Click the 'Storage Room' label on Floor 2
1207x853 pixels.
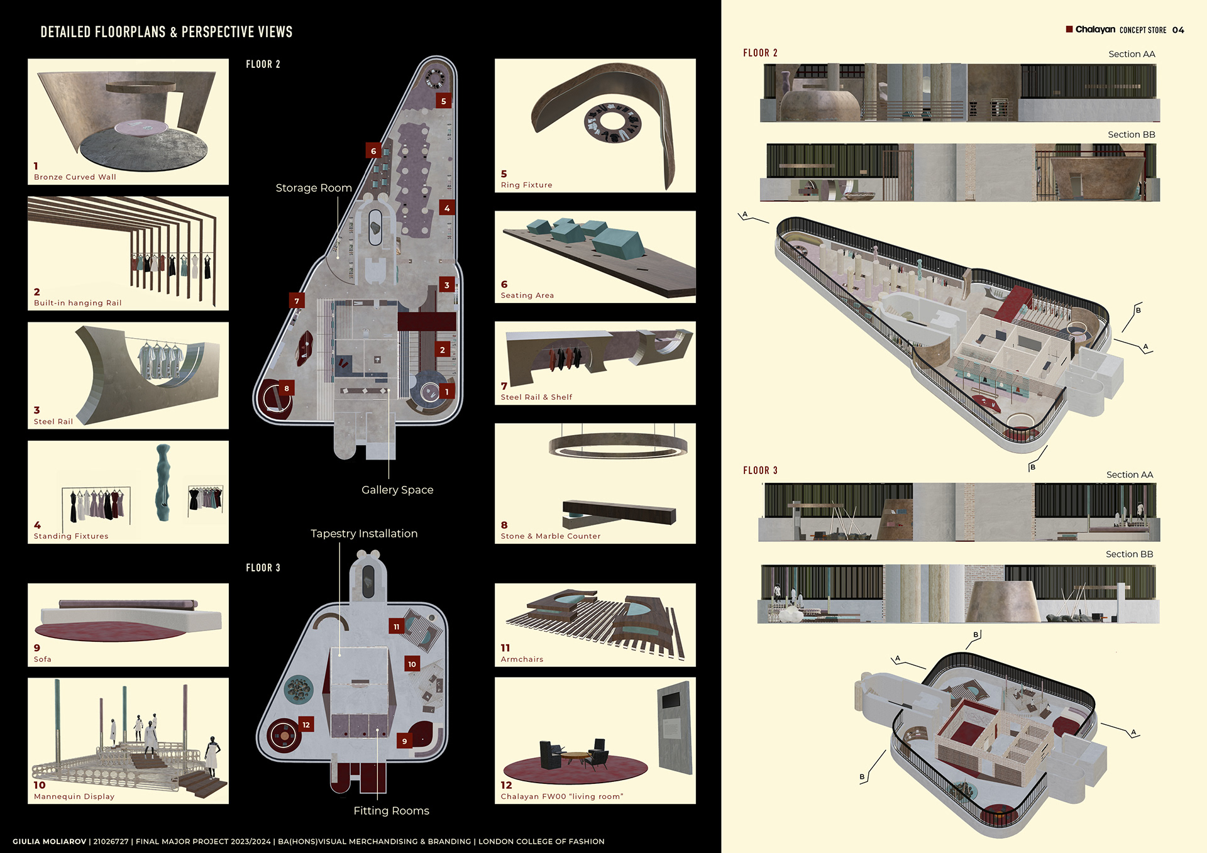[313, 188]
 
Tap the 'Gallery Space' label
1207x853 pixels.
[397, 490]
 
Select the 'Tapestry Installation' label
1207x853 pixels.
[364, 534]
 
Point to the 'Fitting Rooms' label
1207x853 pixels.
[391, 811]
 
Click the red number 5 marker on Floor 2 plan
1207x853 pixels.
[444, 101]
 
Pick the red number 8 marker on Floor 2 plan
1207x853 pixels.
[287, 388]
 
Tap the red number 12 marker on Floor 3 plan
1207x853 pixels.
[306, 725]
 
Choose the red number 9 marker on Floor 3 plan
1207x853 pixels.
[404, 741]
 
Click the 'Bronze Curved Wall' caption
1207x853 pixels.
[75, 177]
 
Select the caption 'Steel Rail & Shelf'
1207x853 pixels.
[536, 397]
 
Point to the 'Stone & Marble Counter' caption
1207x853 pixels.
[550, 536]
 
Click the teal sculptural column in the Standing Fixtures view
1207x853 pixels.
[163, 483]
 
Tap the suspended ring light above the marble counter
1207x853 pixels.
[618, 445]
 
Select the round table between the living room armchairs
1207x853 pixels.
[575, 756]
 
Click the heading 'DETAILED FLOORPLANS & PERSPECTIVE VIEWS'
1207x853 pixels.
[167, 32]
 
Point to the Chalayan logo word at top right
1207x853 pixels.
[1095, 30]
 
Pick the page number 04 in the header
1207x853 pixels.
[1178, 30]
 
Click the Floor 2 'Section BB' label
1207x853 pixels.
[1131, 135]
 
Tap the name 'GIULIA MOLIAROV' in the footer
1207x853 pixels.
[49, 841]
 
